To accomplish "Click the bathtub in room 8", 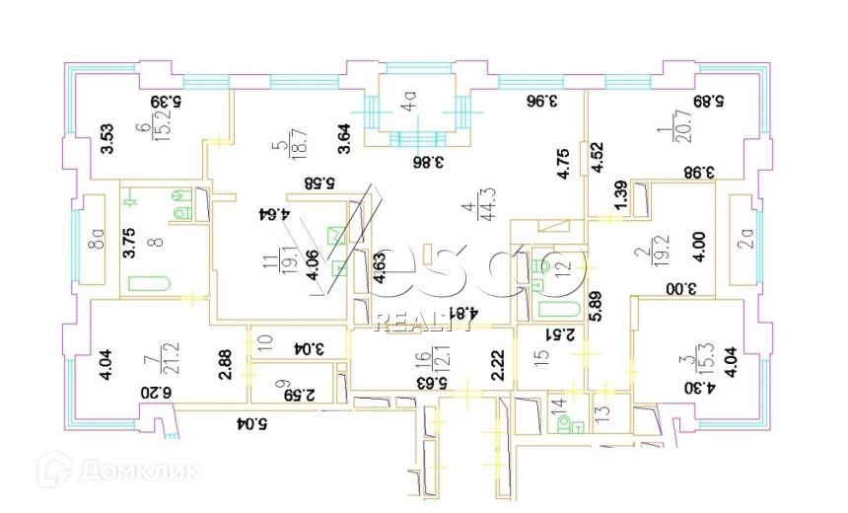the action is (149, 284).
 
